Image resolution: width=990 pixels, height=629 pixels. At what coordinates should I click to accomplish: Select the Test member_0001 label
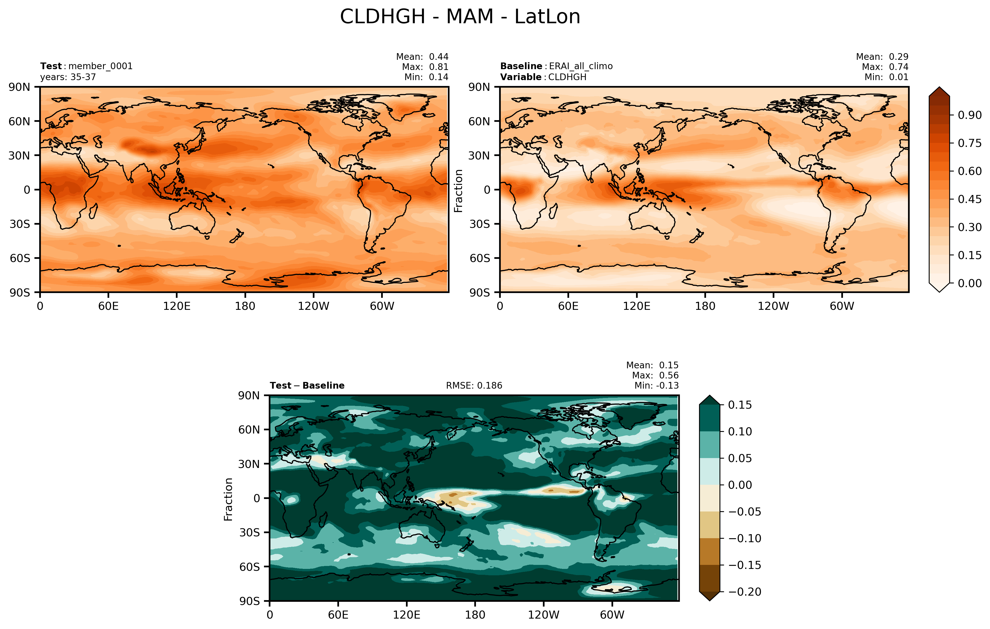click(86, 66)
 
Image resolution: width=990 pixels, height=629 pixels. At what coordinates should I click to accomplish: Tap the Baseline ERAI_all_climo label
click(556, 66)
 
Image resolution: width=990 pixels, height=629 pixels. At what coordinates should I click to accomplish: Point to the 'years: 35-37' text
click(68, 77)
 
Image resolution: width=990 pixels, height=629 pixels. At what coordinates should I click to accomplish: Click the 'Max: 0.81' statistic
click(425, 67)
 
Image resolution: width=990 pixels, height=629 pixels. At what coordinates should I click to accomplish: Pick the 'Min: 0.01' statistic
click(886, 77)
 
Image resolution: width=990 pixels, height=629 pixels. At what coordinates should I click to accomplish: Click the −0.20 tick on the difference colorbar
click(744, 592)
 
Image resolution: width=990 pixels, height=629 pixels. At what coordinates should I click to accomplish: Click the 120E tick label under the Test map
click(177, 306)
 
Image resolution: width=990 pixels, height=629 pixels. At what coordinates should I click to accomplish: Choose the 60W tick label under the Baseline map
click(842, 306)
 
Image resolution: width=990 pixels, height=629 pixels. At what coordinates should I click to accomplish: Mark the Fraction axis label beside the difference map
click(228, 499)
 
